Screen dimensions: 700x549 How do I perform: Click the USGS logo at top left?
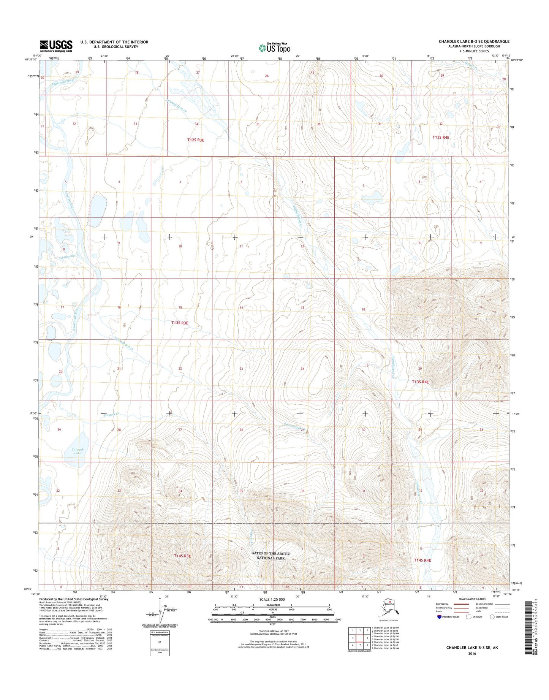point(56,46)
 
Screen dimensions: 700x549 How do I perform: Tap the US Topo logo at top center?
point(274,48)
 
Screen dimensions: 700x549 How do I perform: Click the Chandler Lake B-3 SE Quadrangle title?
point(474,41)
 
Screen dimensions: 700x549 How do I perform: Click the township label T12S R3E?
point(196,140)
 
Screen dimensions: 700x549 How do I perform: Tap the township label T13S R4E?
point(420,382)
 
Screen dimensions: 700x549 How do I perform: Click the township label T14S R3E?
point(182,556)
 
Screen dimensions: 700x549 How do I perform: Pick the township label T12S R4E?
point(441,137)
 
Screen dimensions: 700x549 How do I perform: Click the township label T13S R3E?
point(180,323)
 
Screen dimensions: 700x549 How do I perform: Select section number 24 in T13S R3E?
point(302,369)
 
